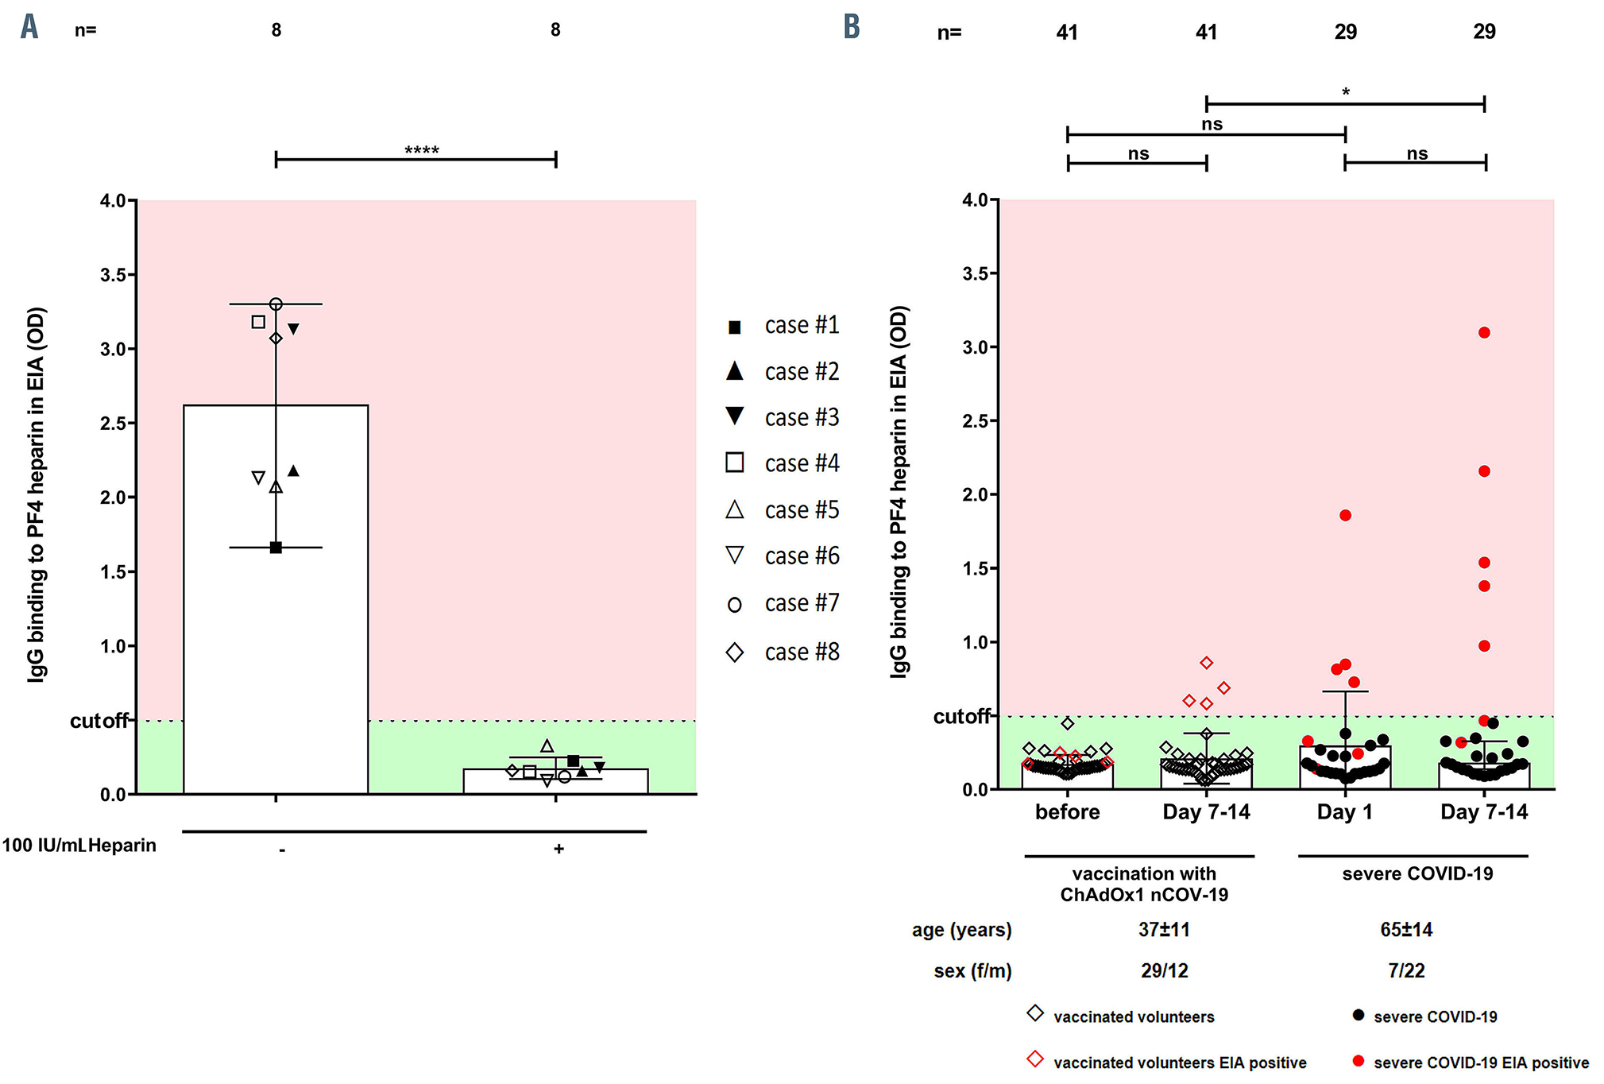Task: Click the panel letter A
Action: (x=29, y=27)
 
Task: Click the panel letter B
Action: (x=852, y=27)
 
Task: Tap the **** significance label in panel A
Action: (x=422, y=150)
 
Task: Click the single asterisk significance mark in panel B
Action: (x=1346, y=92)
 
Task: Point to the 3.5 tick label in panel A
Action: (x=114, y=275)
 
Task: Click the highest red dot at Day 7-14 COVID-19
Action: (x=1484, y=333)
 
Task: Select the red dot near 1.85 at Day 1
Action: (x=1345, y=516)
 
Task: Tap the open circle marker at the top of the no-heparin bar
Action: (x=276, y=304)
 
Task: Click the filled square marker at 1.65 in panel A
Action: (x=276, y=548)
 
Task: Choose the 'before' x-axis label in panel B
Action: (x=1067, y=812)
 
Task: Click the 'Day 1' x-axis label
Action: (x=1344, y=812)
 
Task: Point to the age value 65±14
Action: (x=1406, y=930)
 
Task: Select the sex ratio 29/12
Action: (x=1165, y=971)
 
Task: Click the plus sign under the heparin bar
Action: (x=559, y=850)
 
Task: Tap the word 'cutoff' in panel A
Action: (x=99, y=721)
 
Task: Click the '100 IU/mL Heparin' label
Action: (x=79, y=846)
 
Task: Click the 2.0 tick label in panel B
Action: (x=975, y=495)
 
